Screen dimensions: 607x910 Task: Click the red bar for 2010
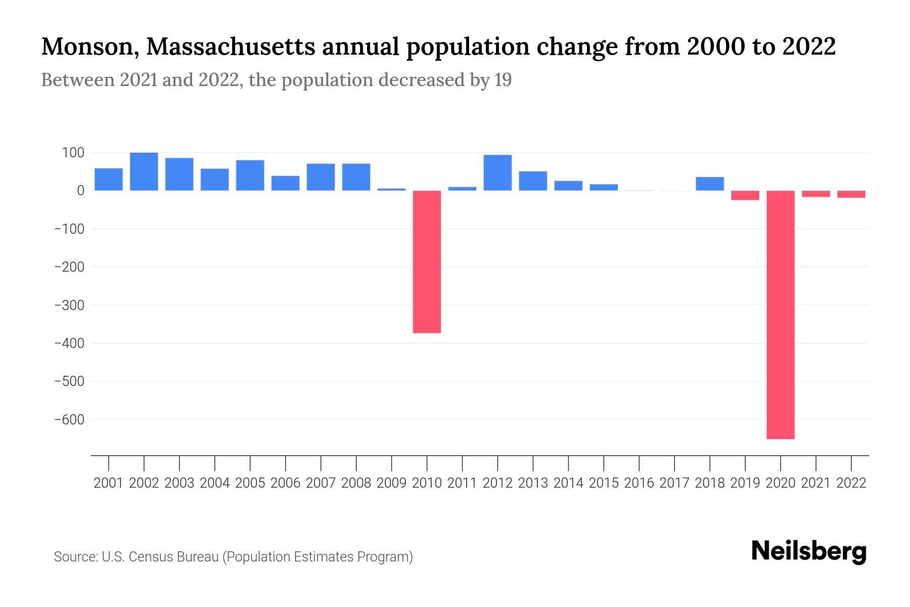(427, 262)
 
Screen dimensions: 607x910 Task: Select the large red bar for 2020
(781, 315)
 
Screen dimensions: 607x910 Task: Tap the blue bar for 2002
(144, 171)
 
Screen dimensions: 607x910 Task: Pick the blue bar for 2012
(497, 172)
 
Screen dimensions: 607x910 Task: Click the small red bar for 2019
(745, 195)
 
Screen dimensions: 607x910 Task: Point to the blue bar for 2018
(710, 184)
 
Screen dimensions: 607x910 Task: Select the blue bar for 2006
(286, 183)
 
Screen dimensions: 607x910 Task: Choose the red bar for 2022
(851, 194)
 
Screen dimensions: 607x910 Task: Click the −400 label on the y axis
(69, 343)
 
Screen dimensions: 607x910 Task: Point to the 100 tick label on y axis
(73, 153)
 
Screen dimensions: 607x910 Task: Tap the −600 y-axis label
(69, 420)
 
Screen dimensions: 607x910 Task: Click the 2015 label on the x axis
(604, 483)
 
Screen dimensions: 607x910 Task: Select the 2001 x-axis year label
(109, 483)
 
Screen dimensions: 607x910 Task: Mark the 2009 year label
(392, 483)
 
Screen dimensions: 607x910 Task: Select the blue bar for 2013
(533, 181)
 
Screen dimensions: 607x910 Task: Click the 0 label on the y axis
(80, 191)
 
